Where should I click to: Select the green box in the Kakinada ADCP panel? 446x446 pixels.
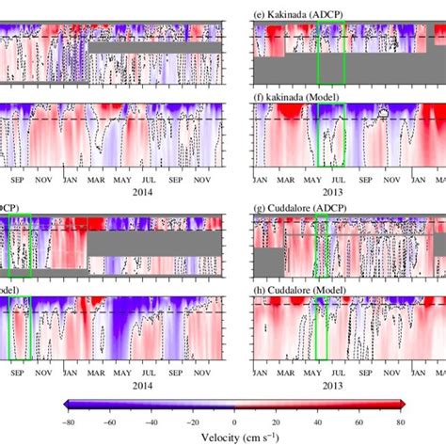click(331, 53)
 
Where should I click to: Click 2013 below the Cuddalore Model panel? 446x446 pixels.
click(330, 385)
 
